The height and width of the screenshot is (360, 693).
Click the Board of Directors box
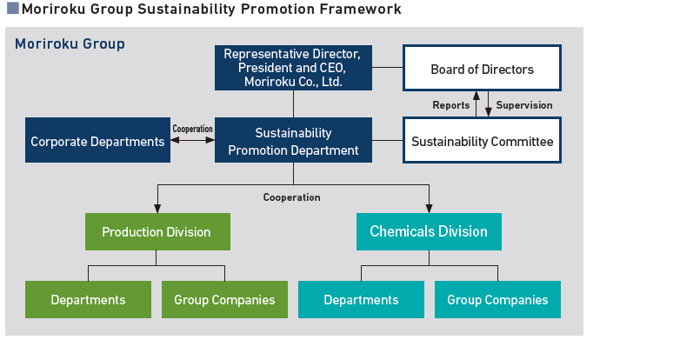[482, 69]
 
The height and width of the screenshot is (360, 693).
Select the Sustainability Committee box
[482, 141]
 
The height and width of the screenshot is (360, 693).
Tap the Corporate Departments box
[97, 141]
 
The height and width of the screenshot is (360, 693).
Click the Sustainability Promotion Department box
[293, 141]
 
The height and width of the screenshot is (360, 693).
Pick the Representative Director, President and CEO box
[293, 68]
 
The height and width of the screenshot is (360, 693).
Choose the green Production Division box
[157, 231]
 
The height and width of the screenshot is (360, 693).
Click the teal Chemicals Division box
[429, 231]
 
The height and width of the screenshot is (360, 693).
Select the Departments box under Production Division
[88, 299]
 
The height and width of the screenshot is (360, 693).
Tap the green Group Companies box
[224, 299]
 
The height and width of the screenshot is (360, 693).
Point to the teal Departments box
[361, 299]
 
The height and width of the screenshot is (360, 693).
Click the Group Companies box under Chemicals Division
[497, 299]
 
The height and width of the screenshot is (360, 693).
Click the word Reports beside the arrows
[450, 105]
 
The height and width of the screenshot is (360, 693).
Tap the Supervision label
[524, 105]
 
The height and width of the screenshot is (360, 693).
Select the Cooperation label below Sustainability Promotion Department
[291, 197]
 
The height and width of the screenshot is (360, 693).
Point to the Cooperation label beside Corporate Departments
[192, 129]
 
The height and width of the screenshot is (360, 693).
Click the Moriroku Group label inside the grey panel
[70, 43]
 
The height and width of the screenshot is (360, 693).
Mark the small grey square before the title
[12, 9]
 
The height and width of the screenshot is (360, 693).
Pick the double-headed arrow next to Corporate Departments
[192, 140]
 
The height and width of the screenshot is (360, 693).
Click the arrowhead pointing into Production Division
[157, 209]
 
